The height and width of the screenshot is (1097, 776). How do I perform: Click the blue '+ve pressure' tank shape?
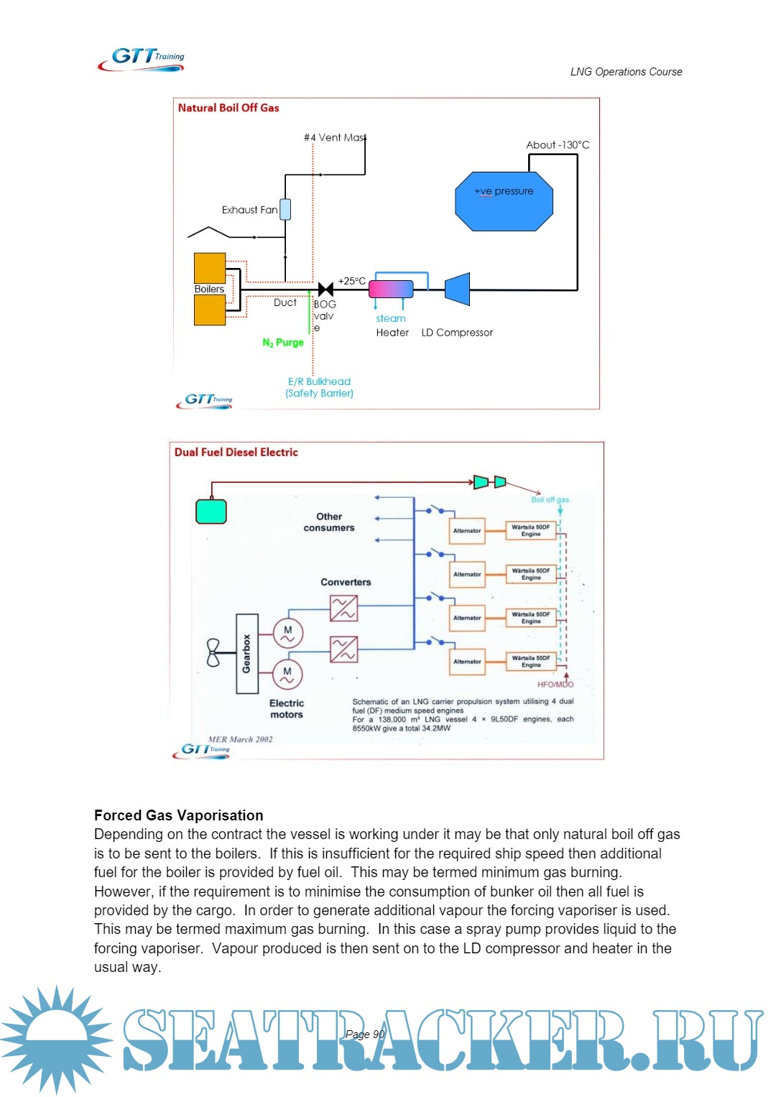click(504, 201)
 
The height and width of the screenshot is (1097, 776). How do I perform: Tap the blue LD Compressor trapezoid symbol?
click(458, 289)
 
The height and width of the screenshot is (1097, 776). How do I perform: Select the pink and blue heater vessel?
click(391, 289)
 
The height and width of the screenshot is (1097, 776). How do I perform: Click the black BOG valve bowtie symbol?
click(325, 290)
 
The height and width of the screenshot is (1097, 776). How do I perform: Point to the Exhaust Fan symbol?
click(285, 209)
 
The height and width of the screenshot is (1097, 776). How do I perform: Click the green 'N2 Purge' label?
click(283, 343)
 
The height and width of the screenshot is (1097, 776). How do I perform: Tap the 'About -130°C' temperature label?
click(558, 145)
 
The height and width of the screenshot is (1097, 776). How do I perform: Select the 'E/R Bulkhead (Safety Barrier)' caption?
click(320, 387)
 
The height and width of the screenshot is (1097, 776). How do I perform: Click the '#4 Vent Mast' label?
click(335, 137)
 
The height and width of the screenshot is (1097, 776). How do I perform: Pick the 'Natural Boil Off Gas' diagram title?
click(228, 108)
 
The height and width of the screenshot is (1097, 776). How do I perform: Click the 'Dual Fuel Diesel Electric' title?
click(236, 452)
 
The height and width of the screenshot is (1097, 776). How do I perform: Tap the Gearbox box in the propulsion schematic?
click(247, 653)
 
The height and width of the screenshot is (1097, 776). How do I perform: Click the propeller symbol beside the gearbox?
click(213, 652)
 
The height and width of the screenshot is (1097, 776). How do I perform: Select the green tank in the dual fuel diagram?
click(211, 512)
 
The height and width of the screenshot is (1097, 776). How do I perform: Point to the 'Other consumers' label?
click(329, 522)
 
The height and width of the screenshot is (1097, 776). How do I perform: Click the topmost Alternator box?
click(467, 531)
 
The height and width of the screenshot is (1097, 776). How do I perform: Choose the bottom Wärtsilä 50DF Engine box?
click(531, 662)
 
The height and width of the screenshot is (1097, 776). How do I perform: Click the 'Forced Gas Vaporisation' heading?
click(179, 815)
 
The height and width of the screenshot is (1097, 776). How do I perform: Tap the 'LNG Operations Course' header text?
click(626, 72)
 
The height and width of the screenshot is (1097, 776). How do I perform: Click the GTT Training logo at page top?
click(142, 59)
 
